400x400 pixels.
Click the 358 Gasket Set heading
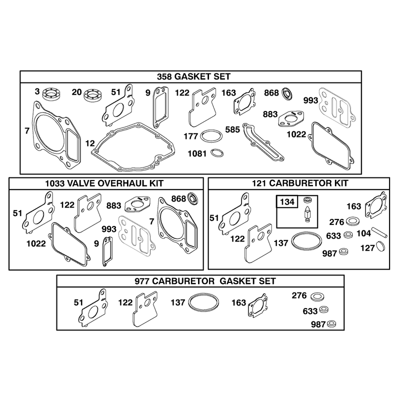pos(193,77)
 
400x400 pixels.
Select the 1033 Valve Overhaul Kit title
pos(104,183)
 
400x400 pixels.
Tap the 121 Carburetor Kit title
pos(300,183)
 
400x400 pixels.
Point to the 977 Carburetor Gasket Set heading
pos(205,281)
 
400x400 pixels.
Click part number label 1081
pos(197,153)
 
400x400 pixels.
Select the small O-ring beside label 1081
pos(217,153)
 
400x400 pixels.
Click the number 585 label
pos(232,129)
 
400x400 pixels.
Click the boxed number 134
pos(287,202)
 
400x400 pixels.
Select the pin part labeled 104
pos(379,232)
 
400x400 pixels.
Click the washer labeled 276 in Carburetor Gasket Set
pos(317,296)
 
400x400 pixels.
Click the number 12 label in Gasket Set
pos(90,143)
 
